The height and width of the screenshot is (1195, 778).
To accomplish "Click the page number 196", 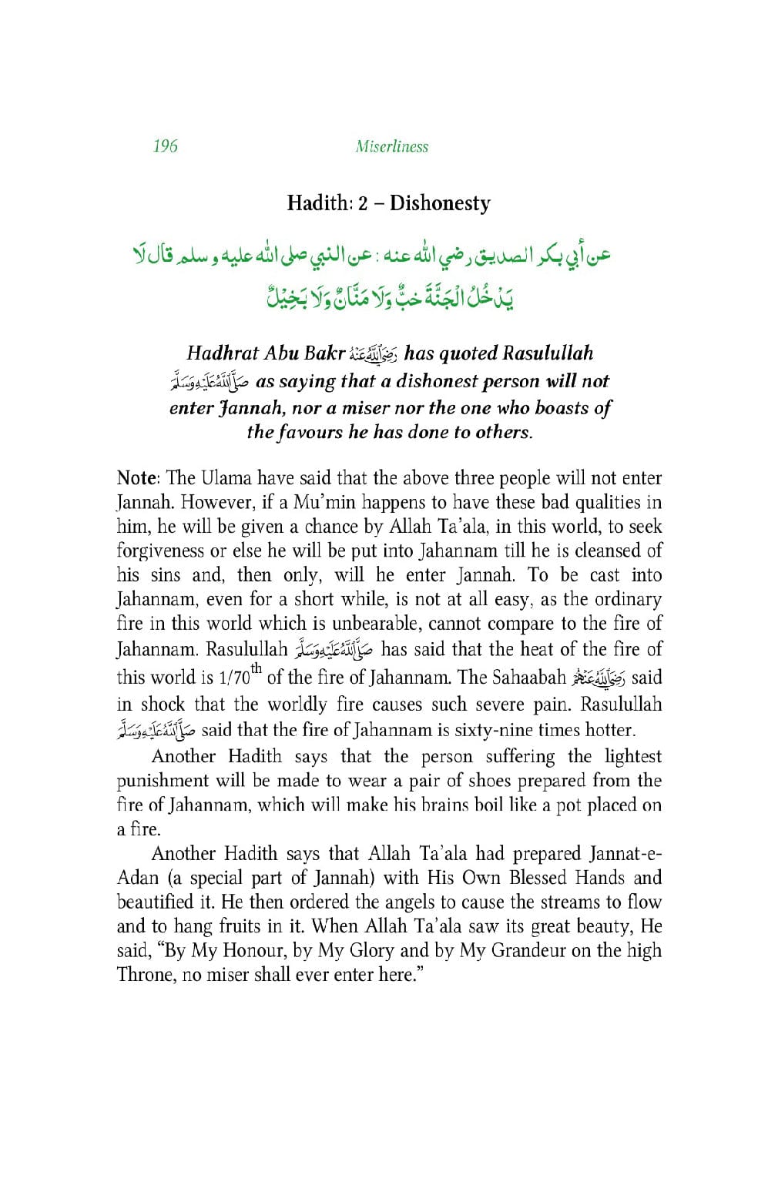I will coord(165,146).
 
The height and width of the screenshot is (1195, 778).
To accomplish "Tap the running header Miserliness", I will coord(392,146).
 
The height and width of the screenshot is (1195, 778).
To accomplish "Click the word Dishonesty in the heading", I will coord(440,203).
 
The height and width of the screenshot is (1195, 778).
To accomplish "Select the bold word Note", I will coord(136,478).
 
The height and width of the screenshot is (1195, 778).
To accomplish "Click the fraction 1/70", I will coord(236,678).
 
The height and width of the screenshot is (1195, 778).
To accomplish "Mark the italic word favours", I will coord(306,432).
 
